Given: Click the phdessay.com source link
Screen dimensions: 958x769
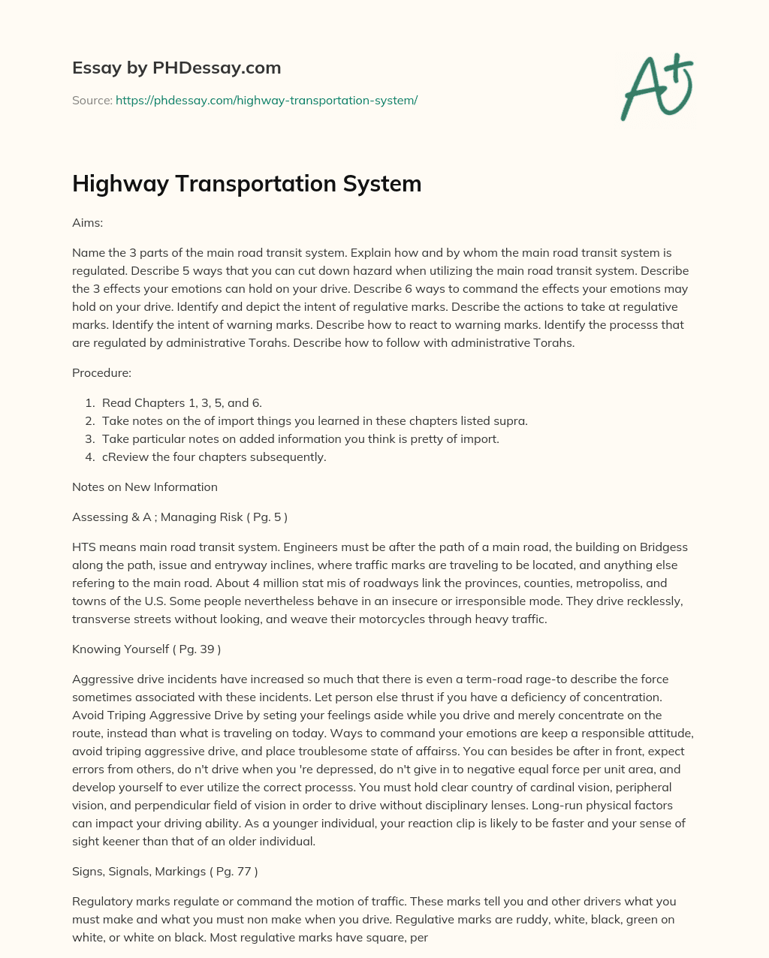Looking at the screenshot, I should [266, 100].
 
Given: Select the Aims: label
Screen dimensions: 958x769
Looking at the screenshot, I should [87, 223].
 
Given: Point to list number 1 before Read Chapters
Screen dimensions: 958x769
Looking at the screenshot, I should [89, 403].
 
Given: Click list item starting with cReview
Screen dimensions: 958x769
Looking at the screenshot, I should [214, 457].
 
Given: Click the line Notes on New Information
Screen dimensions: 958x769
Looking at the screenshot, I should [145, 487].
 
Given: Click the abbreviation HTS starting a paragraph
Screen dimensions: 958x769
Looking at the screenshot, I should [83, 547].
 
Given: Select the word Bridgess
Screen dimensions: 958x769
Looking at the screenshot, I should [663, 547].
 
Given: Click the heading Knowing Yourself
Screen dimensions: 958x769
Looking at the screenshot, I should [120, 649].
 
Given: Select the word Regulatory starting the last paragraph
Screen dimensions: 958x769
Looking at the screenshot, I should [101, 901].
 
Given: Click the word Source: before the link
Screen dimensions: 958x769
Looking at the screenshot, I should [92, 100].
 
